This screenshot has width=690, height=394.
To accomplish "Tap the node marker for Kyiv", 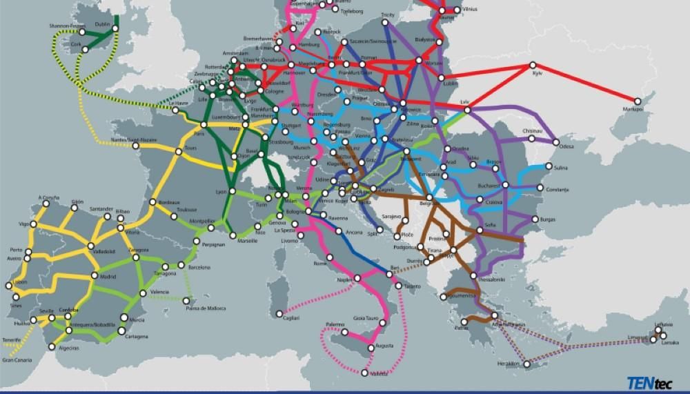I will pyautogui.click(x=533, y=66).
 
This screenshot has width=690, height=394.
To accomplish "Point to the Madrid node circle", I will pyautogui.click(x=95, y=275).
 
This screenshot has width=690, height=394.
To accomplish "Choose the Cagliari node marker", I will pyautogui.click(x=279, y=314).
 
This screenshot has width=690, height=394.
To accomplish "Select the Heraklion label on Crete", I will pyautogui.click(x=507, y=363).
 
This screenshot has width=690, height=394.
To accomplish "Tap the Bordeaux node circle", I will pyautogui.click(x=152, y=202).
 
